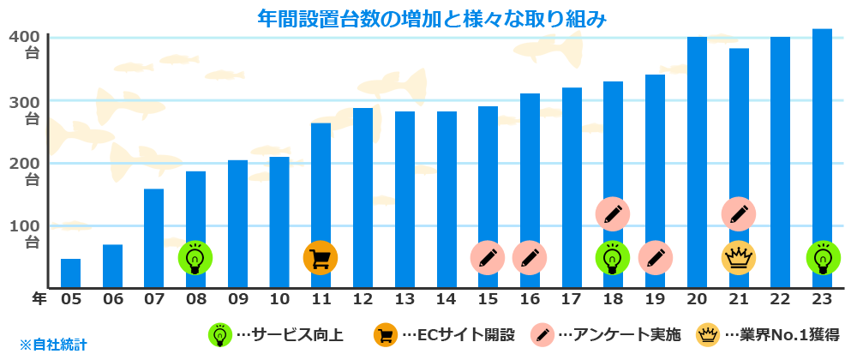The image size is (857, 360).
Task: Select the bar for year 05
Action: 70,273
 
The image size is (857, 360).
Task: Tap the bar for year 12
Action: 363,198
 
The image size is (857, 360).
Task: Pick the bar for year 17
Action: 572,188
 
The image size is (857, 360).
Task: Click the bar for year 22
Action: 780,163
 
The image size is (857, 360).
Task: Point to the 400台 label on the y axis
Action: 28,45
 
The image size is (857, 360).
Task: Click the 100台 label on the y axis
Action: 28,234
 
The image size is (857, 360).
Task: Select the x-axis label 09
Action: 237,299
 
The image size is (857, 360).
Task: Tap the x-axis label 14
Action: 446,299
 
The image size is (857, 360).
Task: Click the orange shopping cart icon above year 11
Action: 321,257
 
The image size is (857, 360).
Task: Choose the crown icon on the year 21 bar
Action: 738,257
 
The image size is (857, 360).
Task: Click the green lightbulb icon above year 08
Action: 195,257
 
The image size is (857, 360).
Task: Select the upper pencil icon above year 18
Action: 613,214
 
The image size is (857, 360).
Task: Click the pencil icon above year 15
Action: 488,257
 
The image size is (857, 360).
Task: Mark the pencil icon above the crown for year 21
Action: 738,214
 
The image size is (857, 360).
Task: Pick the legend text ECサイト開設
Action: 464,334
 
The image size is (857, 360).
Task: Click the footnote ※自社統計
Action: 54,345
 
